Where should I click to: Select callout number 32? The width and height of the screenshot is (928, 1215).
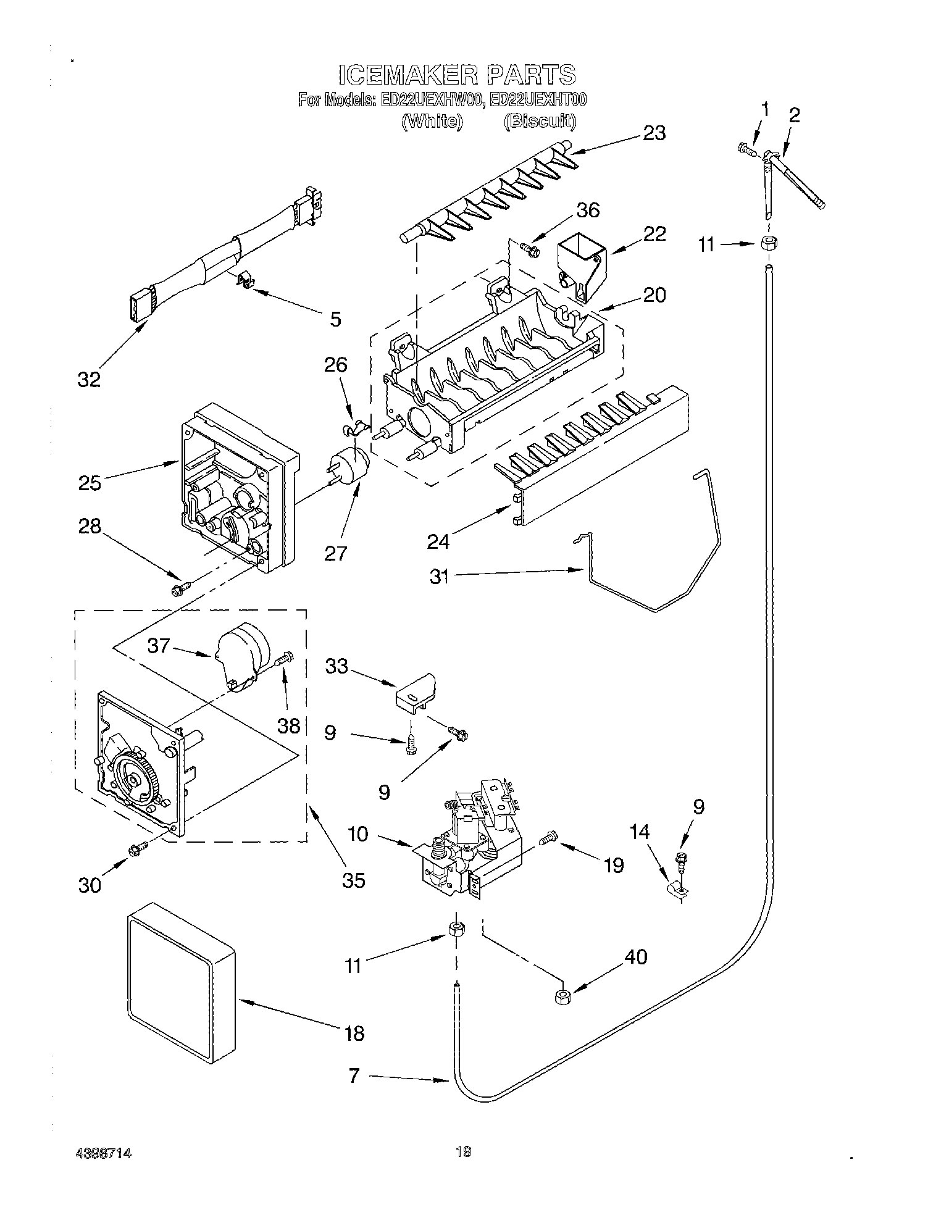tap(89, 379)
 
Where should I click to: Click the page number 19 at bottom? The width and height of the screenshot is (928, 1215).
tap(463, 1150)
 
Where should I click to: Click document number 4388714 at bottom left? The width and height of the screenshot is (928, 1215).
tap(104, 1153)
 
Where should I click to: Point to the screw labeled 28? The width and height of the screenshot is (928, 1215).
tap(179, 590)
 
